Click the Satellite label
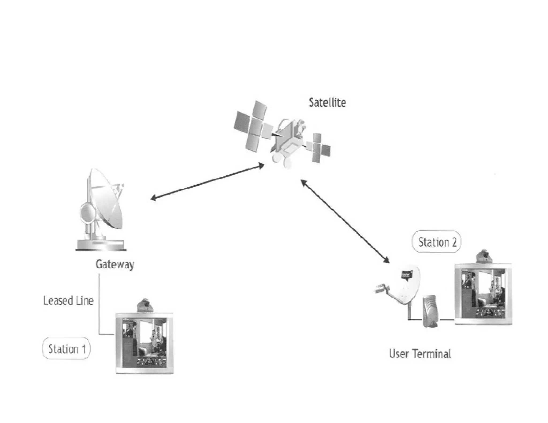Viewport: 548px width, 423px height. [x=327, y=103]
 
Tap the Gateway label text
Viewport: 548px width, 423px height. [x=115, y=264]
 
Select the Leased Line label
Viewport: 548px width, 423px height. [x=68, y=301]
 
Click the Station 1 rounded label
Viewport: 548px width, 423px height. [x=66, y=349]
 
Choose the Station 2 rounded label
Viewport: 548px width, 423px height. [x=437, y=242]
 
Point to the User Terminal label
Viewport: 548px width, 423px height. [x=420, y=354]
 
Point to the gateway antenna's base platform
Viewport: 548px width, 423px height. [x=101, y=245]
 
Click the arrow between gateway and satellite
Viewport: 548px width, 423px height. [x=207, y=182]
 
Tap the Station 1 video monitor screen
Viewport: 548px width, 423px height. [x=144, y=342]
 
